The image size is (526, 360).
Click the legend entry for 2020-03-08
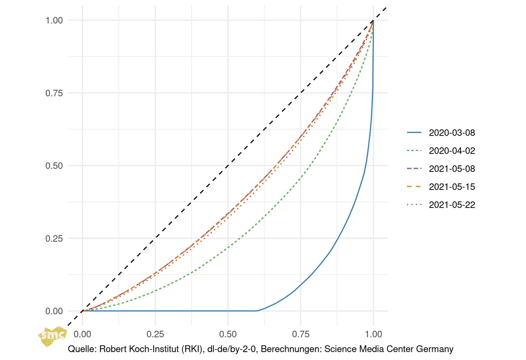point(452,133)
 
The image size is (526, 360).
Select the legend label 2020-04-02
point(452,151)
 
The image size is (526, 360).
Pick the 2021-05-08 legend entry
point(452,169)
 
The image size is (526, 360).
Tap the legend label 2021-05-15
point(452,187)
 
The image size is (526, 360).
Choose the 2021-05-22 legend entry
point(452,205)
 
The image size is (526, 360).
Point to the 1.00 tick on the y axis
point(54,21)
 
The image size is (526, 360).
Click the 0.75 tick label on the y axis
point(54,93)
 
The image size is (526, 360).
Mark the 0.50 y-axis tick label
point(54,166)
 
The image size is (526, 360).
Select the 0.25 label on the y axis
point(54,239)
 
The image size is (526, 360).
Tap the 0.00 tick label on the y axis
point(54,311)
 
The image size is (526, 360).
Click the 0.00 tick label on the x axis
point(82,334)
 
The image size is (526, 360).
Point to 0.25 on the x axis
point(155,334)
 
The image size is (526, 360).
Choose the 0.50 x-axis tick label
point(228,334)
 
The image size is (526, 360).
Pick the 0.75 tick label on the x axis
point(301,334)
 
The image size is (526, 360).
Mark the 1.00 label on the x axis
point(373,334)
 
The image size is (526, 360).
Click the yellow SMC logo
point(52,336)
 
